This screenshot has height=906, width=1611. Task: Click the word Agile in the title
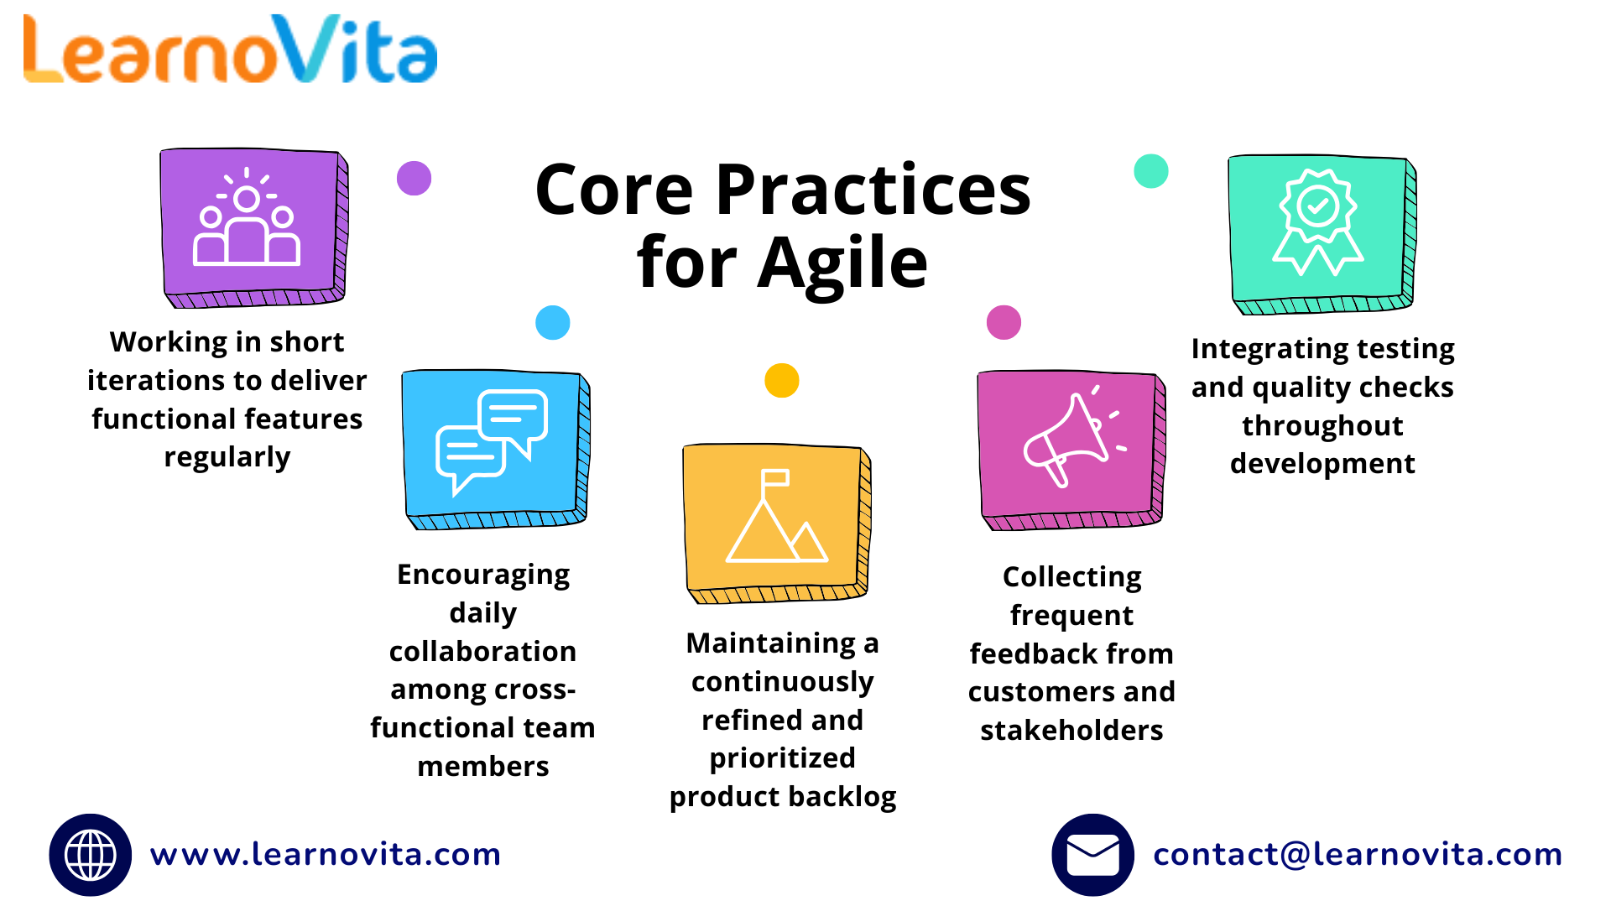tap(842, 263)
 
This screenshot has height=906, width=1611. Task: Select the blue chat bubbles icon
tap(494, 445)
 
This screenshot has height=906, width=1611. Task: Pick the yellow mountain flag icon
tap(775, 519)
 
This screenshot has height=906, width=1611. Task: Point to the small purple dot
tap(414, 178)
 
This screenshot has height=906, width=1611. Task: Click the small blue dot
tap(552, 322)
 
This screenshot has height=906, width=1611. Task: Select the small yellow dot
tap(781, 380)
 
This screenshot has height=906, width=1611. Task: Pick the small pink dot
tap(1004, 322)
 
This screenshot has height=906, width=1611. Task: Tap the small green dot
tap(1150, 171)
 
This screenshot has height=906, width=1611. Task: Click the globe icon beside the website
tap(91, 855)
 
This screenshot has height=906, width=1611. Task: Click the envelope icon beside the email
tap(1092, 855)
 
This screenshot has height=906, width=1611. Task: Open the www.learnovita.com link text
tap(326, 855)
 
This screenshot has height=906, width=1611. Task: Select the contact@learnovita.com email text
tap(1357, 855)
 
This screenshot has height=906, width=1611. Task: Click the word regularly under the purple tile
tap(227, 458)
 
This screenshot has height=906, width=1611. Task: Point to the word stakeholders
tap(1071, 731)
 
